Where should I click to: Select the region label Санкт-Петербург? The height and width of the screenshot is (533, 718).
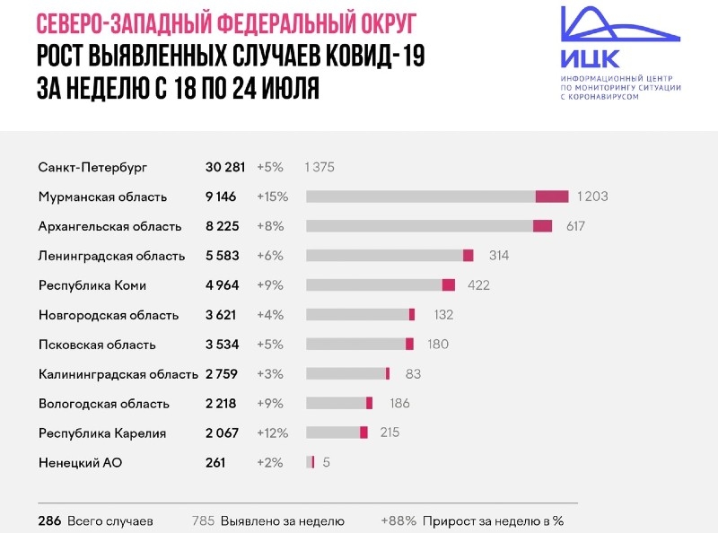pos(92,168)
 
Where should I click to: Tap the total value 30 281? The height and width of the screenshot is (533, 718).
pos(225,168)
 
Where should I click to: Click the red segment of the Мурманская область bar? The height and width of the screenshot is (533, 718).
pos(552,197)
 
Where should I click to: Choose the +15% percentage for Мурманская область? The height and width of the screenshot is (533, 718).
pos(271,197)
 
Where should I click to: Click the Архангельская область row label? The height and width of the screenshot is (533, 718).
pos(109,226)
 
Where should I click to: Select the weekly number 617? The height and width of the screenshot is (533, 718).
pos(575,226)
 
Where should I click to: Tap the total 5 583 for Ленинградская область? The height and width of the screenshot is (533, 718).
pos(221,256)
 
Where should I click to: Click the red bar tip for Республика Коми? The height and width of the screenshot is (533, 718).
pos(449,285)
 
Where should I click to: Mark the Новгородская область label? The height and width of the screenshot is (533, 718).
pos(109,315)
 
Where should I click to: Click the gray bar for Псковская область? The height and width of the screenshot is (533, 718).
pos(355,344)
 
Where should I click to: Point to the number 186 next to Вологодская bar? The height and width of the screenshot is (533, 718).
pos(399,403)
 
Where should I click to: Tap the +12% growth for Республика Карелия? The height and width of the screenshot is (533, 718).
pos(272,433)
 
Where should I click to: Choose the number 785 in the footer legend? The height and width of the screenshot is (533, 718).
pos(204,520)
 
